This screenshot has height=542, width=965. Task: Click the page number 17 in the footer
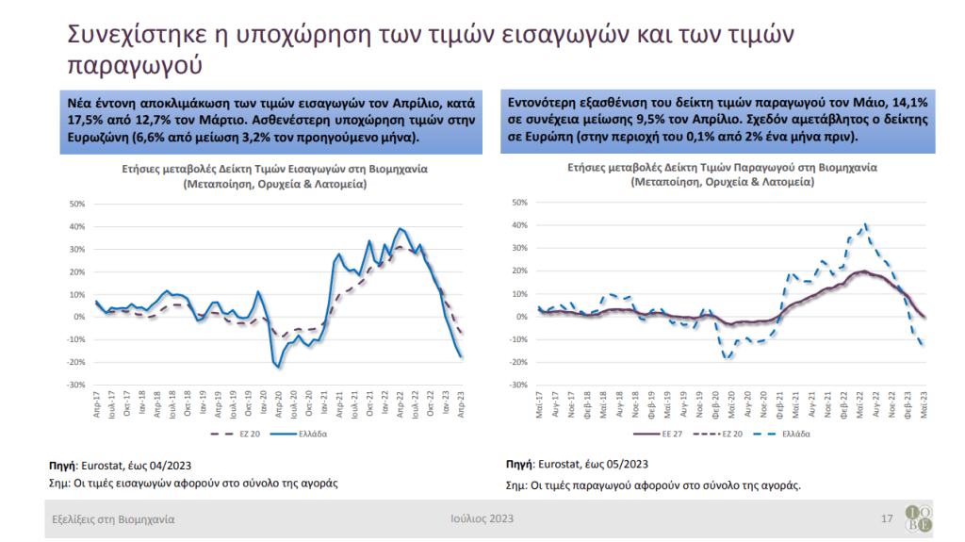[886, 519]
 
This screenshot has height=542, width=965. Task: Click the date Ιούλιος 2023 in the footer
[482, 519]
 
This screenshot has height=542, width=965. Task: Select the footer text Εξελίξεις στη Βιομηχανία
[113, 519]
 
